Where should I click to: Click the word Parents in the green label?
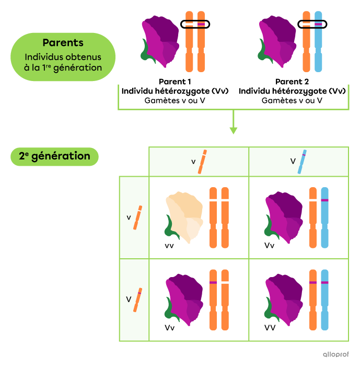click(x=63, y=43)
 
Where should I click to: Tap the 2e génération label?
click(x=54, y=156)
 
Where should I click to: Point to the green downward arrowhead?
click(x=234, y=130)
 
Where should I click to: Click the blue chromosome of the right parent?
click(x=318, y=42)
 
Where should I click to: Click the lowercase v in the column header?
click(x=193, y=162)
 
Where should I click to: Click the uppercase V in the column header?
click(x=293, y=162)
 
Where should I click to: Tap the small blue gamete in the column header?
click(x=302, y=162)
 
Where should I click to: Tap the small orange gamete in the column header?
click(x=202, y=162)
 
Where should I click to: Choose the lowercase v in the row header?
click(x=129, y=217)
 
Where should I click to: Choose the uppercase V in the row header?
click(x=129, y=300)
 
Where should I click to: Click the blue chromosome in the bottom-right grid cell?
click(x=324, y=300)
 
